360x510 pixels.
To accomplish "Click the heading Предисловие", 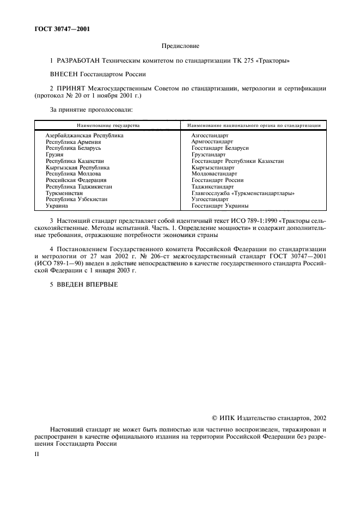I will click(x=180, y=47).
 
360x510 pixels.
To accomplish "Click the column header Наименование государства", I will click(x=108, y=125).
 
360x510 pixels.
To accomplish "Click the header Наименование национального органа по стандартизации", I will click(x=254, y=125).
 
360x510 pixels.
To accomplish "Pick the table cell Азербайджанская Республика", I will click(x=84, y=135).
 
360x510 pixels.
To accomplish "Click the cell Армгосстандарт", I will click(x=212, y=141).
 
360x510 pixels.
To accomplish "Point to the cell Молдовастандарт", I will click(x=215, y=174).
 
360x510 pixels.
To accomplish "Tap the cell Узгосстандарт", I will click(x=211, y=200).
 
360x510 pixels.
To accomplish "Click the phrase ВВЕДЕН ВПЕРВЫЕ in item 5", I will click(x=87, y=283).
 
